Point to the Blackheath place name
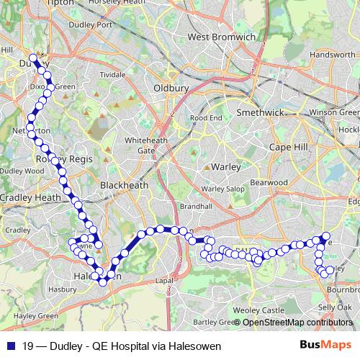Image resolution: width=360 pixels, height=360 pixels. (124, 185)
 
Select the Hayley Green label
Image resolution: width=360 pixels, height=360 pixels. (30, 315)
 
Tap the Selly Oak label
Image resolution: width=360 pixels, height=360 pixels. (334, 307)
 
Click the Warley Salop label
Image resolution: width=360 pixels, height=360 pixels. (222, 189)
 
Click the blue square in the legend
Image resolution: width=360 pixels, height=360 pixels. (8, 346)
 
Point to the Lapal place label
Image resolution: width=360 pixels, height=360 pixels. (166, 282)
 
